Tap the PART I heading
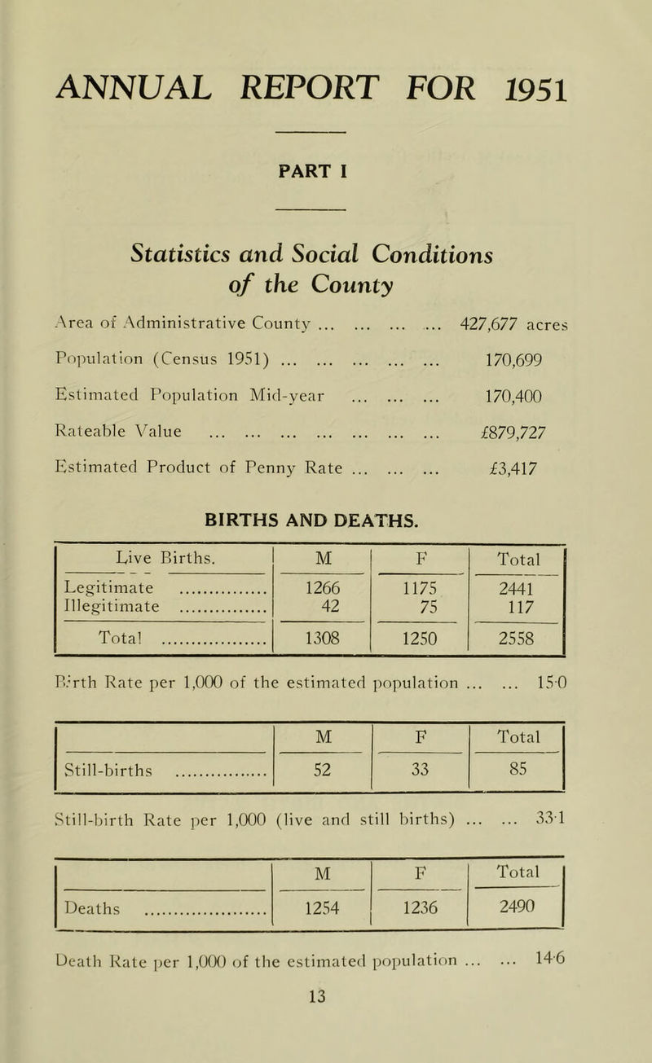(x=325, y=173)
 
